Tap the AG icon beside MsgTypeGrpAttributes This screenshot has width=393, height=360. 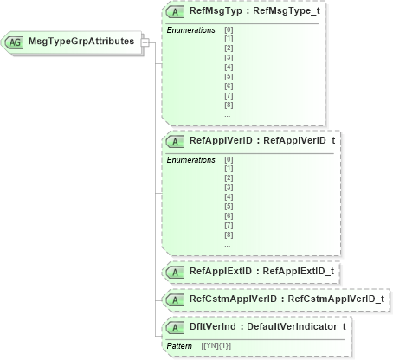[x=16, y=42]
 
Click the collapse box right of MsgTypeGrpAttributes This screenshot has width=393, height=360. [x=145, y=42]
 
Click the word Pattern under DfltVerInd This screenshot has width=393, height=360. [x=179, y=345]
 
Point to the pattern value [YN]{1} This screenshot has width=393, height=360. [x=216, y=345]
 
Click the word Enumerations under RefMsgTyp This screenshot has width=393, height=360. [x=190, y=30]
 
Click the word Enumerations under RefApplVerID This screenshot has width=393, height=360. [x=190, y=160]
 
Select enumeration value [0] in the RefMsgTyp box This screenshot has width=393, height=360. [x=228, y=30]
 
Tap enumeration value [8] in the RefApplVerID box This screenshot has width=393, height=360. [x=228, y=235]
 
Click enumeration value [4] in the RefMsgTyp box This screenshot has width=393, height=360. [x=228, y=67]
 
